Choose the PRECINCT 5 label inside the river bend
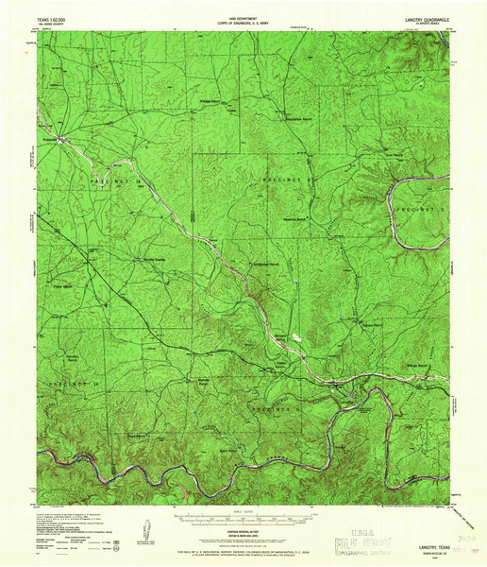click(415, 208)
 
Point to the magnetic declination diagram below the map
click(146, 528)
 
